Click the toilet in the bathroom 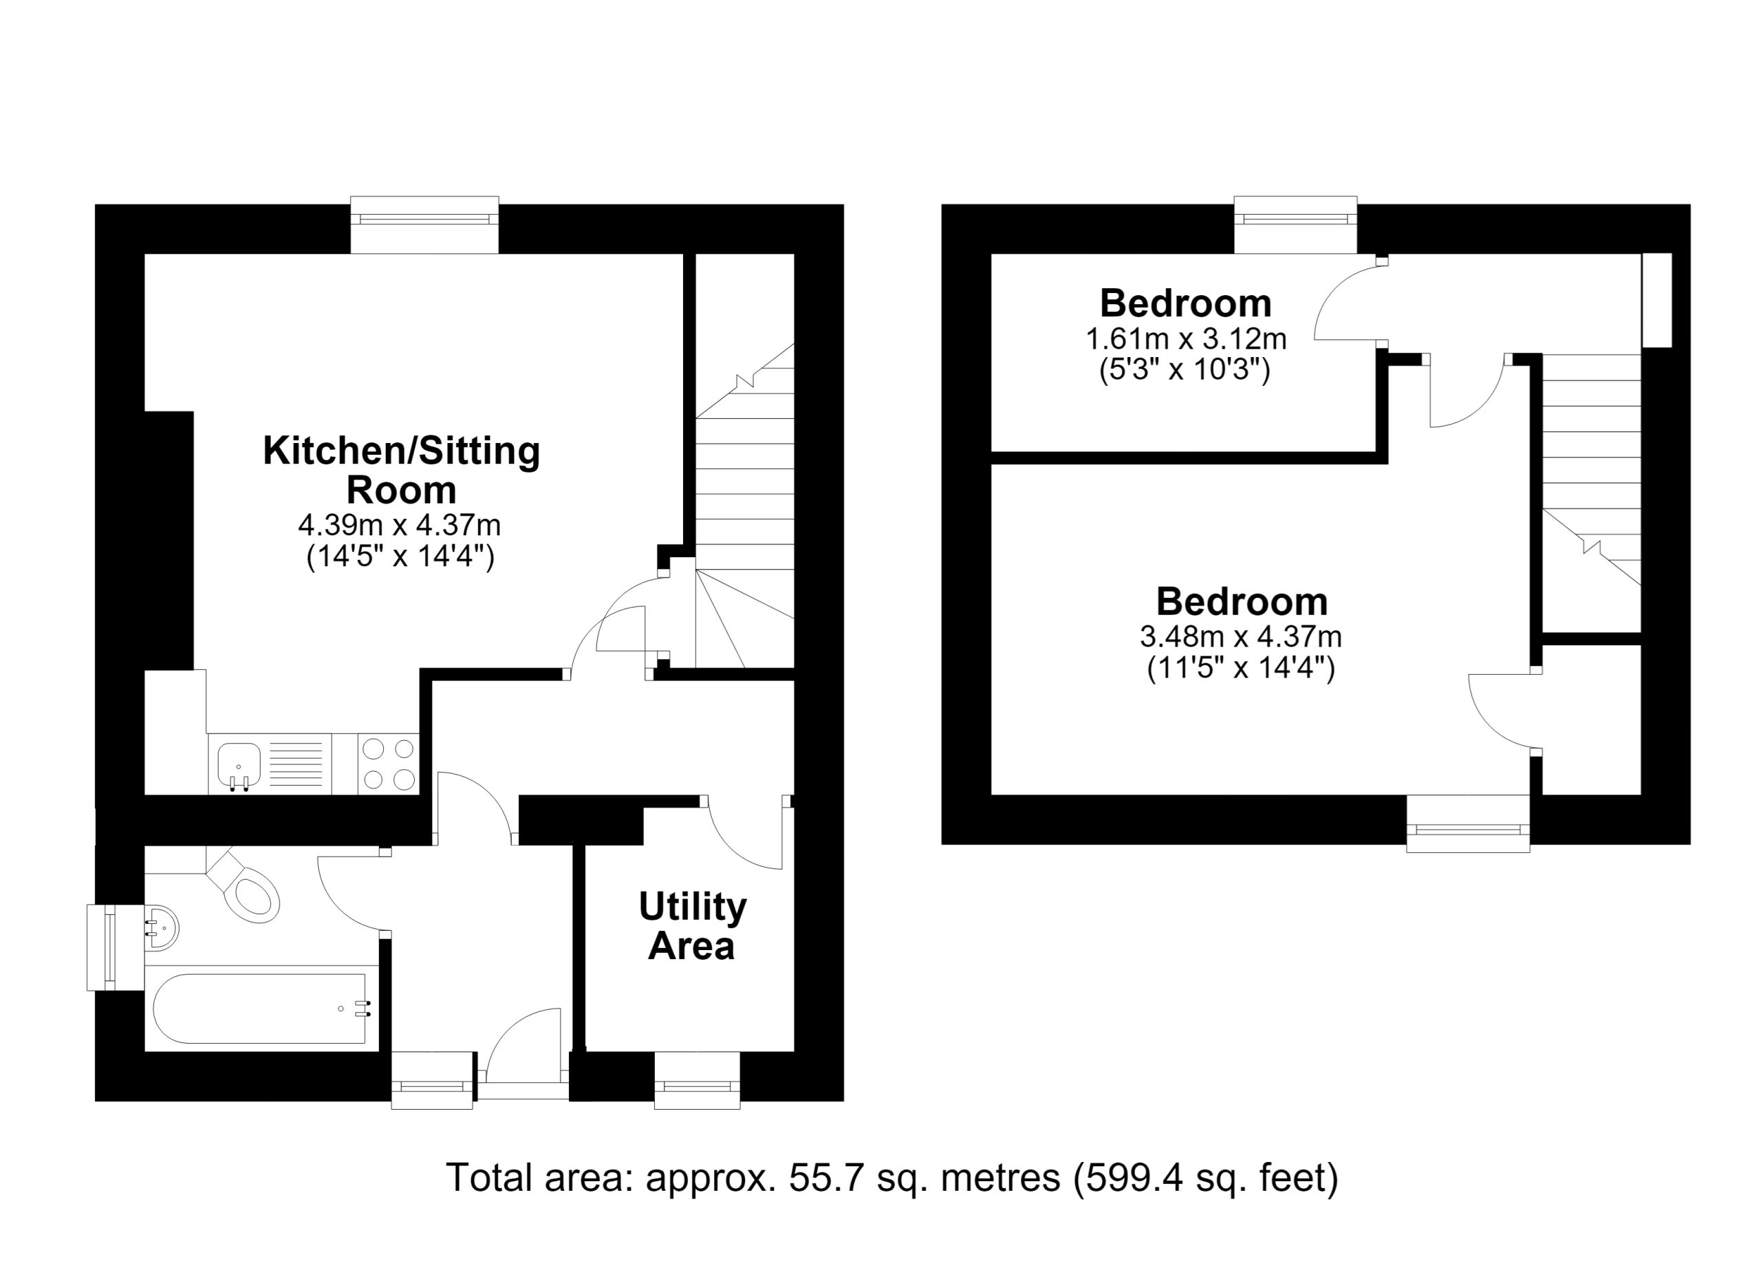coord(247,888)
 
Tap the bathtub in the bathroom coord(260,1009)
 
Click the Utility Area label coord(692,926)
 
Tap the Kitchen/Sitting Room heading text coord(402,471)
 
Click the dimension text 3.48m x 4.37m coord(1241,636)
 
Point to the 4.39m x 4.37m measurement coord(399,526)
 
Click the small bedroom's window coord(1296,224)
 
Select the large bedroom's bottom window coord(1468,823)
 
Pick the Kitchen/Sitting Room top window coord(424,224)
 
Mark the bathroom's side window coord(116,947)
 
